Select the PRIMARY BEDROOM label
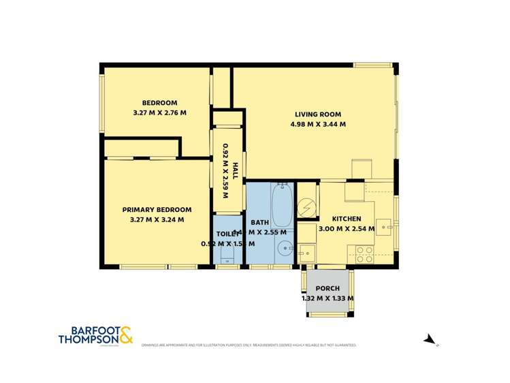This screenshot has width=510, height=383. pyautogui.click(x=157, y=209)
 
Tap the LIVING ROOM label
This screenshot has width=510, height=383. pyautogui.click(x=317, y=114)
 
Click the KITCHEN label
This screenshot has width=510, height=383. pyautogui.click(x=347, y=219)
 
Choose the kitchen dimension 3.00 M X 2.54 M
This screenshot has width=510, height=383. pyautogui.click(x=347, y=229)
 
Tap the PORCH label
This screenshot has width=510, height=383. pyautogui.click(x=327, y=288)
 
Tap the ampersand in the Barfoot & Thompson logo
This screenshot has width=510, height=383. pyautogui.click(x=126, y=336)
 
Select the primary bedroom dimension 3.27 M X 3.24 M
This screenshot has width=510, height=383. pyautogui.click(x=157, y=220)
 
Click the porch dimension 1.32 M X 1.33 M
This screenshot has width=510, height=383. pyautogui.click(x=327, y=298)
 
